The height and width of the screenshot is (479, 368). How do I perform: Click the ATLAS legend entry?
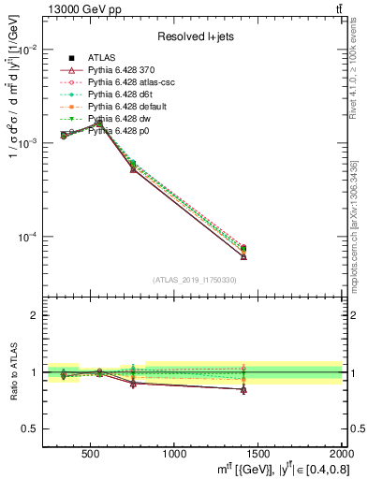tap(103, 58)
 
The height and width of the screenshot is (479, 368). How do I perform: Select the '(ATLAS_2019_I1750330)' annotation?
tap(194, 280)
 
